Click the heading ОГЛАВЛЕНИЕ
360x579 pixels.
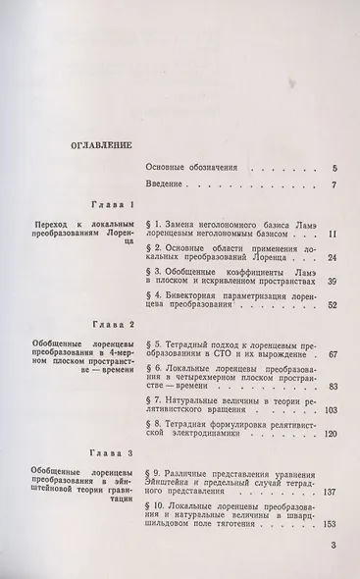(96, 144)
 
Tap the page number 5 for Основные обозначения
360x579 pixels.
(334, 169)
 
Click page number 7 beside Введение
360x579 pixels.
(334, 185)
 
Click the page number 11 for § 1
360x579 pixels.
(333, 234)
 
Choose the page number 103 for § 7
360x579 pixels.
(330, 409)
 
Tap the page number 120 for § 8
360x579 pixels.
(330, 434)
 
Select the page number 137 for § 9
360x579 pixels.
(330, 492)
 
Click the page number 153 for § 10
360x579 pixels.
(330, 525)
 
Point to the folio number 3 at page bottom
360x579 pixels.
(334, 547)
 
